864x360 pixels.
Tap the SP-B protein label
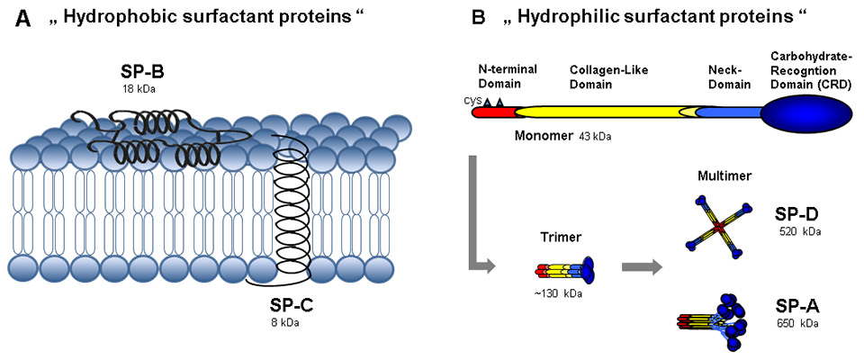(x=142, y=71)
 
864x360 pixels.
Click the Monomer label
(x=544, y=137)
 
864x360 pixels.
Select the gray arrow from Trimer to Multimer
(x=637, y=266)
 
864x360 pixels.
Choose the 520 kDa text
(x=799, y=231)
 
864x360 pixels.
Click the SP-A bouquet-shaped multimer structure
(x=721, y=319)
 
